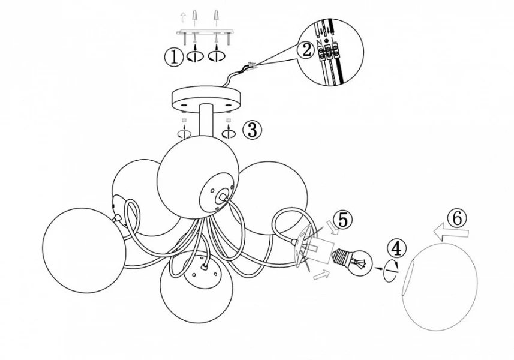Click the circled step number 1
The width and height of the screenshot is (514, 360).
[173, 58]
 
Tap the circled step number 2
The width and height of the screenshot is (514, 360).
[306, 50]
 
